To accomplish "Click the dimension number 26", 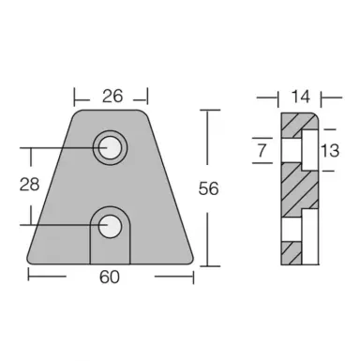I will point(111,95).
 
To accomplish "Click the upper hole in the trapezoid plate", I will point(111,145).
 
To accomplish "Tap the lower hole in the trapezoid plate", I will point(111,226).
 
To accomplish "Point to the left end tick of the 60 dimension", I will point(28,275).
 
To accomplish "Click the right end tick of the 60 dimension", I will point(194,275).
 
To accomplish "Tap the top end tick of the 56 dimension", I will point(208,111).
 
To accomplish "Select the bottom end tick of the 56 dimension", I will point(208,264).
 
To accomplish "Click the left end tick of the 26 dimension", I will point(74,95).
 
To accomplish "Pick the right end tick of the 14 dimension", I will point(320,95).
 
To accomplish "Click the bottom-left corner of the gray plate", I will point(32,262).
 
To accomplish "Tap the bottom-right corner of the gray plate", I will point(190,262).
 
